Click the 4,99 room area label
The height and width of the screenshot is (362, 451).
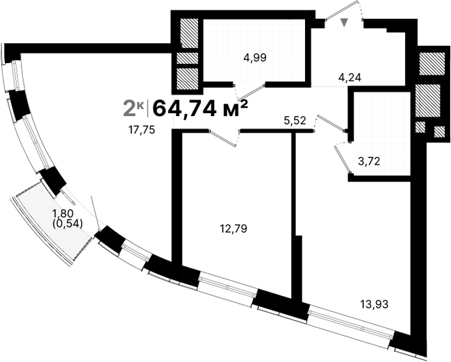[x=255, y=58]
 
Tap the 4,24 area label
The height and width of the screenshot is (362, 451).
[x=349, y=79]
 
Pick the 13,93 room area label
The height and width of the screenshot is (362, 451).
[x=372, y=302]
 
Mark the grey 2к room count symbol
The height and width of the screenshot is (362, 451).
[x=133, y=108]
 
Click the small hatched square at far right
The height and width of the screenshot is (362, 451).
[x=439, y=131]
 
